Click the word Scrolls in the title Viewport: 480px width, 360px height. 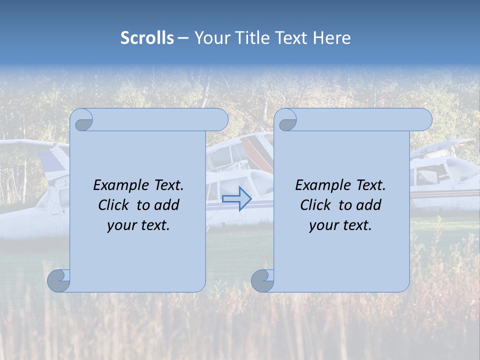pos(147,38)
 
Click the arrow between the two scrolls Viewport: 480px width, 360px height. pos(236,199)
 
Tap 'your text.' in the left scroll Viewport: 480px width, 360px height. pos(138,225)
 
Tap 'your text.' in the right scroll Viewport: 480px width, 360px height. pos(340,225)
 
